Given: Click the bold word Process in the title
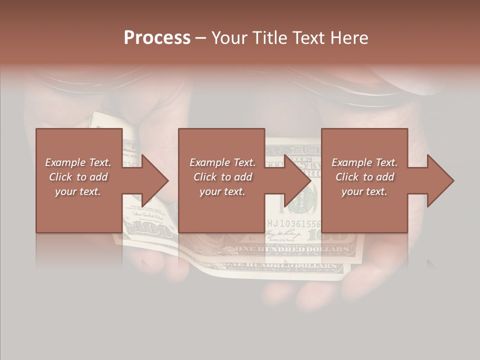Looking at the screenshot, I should coord(157,38).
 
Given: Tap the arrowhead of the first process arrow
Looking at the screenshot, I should coord(155,180).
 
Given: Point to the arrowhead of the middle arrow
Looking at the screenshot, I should coord(298,180).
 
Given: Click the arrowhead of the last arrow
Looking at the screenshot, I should coord(441,180).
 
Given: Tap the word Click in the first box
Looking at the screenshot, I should coord(61,177).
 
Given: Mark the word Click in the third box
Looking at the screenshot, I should coord(347,177).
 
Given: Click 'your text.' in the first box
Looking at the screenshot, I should coord(78,191).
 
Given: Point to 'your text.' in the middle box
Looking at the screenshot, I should coord(222,191).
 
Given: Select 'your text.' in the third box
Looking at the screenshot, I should coord(364,191).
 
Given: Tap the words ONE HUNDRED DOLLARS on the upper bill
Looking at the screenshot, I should coord(293,248).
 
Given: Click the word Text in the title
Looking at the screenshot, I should coord(308,38).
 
